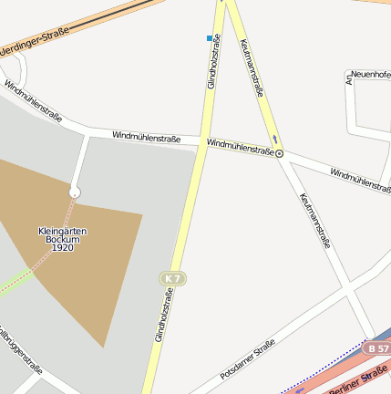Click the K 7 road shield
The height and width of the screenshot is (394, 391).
coord(173,277)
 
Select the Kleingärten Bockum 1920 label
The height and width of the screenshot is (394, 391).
coord(62,239)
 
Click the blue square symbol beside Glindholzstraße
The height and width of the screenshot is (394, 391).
coord(210,38)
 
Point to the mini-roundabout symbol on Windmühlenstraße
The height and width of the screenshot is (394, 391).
coord(279,153)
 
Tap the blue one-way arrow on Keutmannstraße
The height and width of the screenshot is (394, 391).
coord(273,139)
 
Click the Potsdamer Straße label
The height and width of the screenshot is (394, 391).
coord(247,359)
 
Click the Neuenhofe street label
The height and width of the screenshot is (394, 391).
coord(370,74)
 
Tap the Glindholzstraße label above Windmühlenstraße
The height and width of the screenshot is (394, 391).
coord(213,68)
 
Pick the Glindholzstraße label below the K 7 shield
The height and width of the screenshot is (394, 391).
coord(163,315)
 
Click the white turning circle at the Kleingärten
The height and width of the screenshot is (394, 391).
coord(75,192)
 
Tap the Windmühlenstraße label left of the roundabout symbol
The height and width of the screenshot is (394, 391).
coord(240,147)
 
